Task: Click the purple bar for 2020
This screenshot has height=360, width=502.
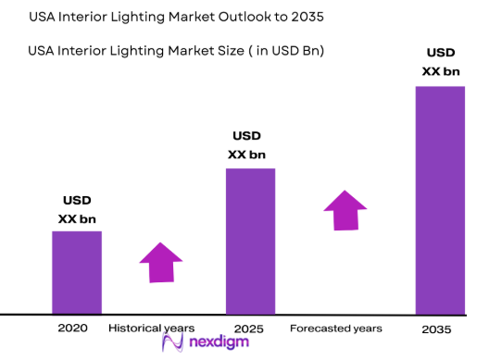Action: [x=76, y=272]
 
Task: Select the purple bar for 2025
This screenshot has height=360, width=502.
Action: [x=250, y=241]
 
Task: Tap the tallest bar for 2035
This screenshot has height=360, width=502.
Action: [x=440, y=200]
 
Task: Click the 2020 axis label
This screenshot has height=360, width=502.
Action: [x=73, y=329]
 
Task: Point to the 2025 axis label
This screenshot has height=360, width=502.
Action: [x=249, y=329]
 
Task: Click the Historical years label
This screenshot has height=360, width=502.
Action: [x=151, y=329]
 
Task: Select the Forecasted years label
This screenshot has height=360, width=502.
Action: [x=335, y=329]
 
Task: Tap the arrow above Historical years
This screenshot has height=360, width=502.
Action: [x=159, y=262]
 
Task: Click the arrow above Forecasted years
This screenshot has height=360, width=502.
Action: [x=345, y=210]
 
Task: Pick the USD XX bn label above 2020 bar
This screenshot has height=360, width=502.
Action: [x=76, y=210]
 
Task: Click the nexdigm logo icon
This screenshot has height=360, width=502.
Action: [x=171, y=343]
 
